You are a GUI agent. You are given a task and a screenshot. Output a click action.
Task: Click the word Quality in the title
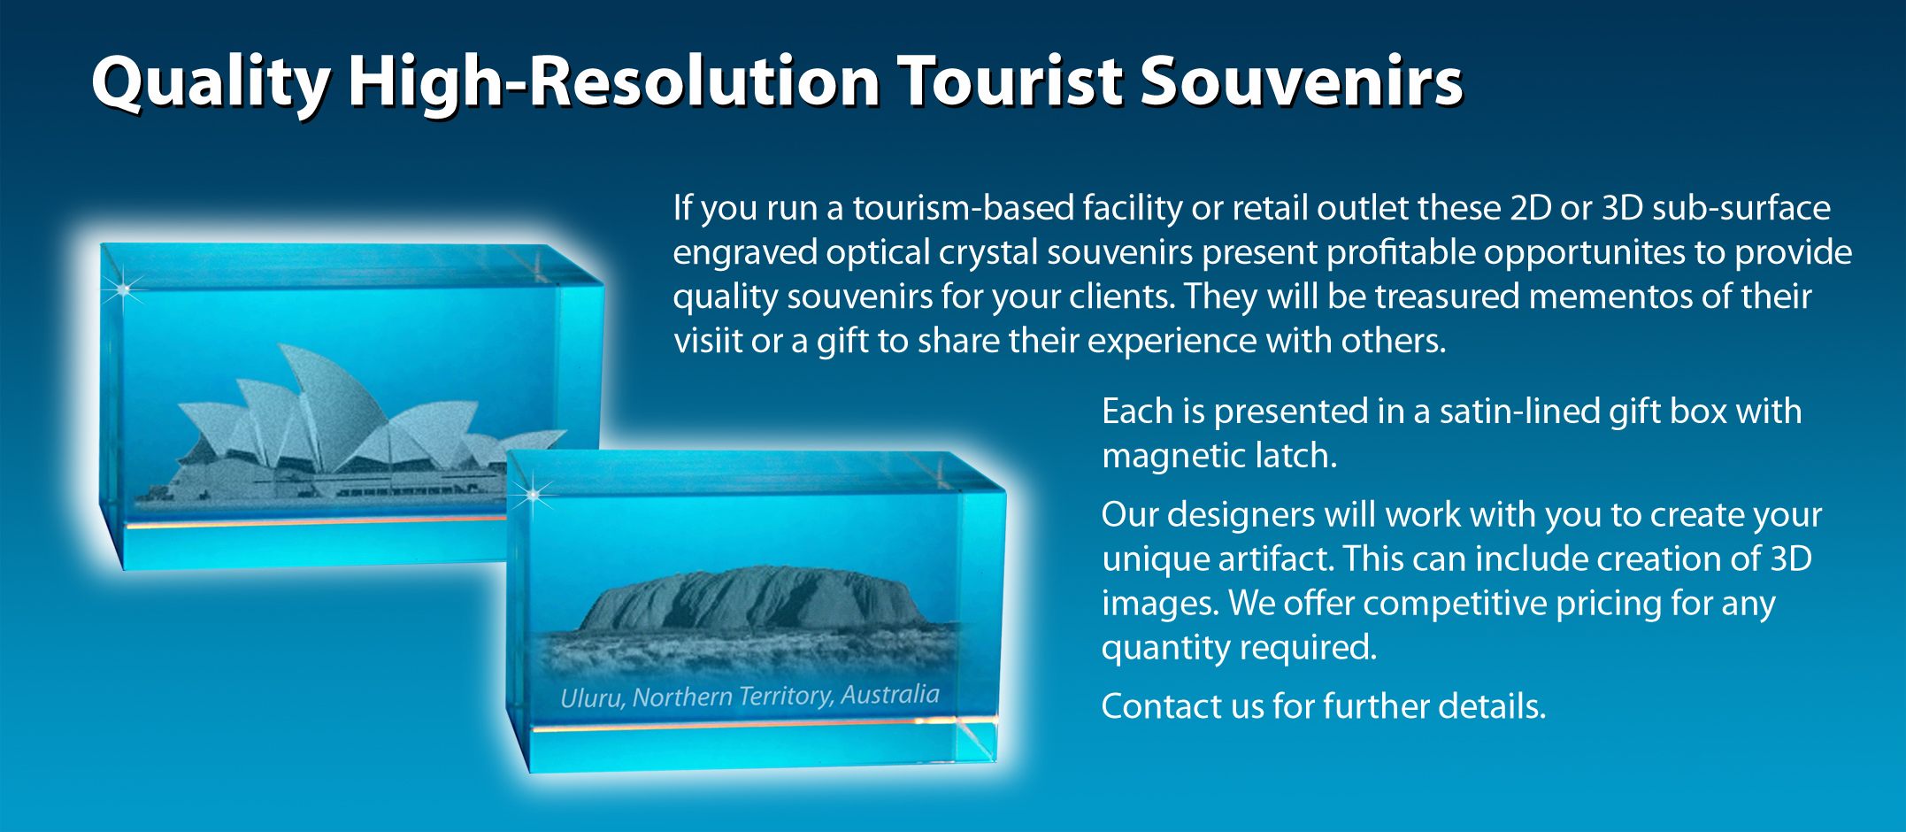pos(211,83)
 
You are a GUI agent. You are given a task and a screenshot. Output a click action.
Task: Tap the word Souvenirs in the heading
pos(1301,81)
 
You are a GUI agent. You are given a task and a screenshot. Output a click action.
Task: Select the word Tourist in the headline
pos(1010,81)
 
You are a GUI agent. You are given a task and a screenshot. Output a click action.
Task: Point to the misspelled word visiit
pos(708,340)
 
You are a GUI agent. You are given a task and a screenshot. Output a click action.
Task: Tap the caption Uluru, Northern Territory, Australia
pos(749,696)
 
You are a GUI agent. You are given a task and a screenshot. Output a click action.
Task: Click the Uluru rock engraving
pos(752,602)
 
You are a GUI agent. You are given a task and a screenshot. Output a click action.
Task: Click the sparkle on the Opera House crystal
pos(123,289)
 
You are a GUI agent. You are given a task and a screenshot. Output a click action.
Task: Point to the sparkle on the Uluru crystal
pos(534,495)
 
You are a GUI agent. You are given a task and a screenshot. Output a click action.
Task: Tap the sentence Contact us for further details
pos(1324,706)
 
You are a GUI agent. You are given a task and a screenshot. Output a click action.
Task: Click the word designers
pos(1270,515)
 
